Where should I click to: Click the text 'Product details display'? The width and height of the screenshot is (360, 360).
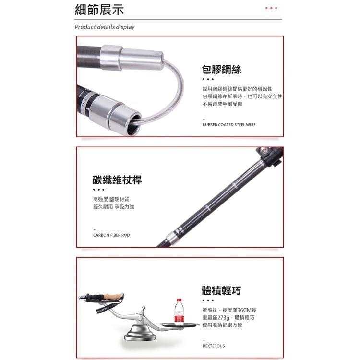coord(105,27)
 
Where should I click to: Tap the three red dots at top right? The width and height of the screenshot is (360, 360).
coord(271,8)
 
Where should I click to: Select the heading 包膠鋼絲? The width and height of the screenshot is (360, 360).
coord(221,70)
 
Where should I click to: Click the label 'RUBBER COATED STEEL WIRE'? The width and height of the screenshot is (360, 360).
coord(229,125)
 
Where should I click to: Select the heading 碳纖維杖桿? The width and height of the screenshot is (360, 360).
coord(117,180)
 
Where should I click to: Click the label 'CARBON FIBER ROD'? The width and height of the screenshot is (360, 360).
coord(111,235)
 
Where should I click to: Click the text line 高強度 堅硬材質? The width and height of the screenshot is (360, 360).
coord(111,199)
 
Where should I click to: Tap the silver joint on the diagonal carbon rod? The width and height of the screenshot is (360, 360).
coord(174,235)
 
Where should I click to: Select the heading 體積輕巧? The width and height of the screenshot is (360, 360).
coord(221,291)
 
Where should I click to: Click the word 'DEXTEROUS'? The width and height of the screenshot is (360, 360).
coord(214,346)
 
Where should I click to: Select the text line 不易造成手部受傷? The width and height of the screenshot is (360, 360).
coord(222,104)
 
